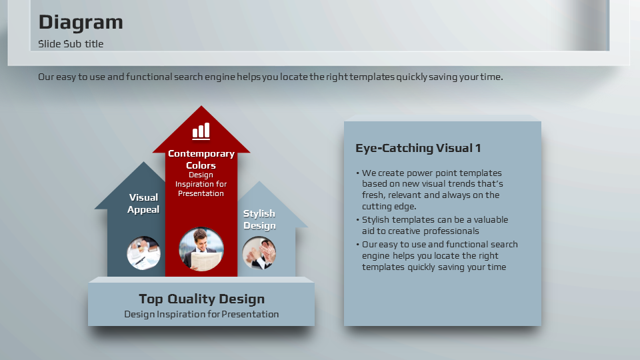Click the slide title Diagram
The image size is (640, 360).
81,23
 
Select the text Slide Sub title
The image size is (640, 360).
71,44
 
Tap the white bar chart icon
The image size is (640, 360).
201,131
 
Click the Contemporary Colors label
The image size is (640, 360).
201,159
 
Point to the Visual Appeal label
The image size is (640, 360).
143,203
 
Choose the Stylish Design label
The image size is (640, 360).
259,219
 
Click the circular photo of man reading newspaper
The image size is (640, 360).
201,249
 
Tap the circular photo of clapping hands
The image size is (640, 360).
259,253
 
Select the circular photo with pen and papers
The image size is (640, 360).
144,253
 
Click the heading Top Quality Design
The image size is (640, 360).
201,299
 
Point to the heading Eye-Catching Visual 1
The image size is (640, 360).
418,148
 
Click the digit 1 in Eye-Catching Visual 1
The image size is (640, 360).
478,148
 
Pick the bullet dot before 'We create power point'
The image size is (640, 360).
357,173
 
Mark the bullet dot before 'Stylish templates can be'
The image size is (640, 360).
357,220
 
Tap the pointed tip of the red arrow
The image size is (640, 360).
201,106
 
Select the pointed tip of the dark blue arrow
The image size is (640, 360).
143,162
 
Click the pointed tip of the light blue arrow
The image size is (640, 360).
259,181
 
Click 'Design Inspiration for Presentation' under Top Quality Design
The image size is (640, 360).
201,314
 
